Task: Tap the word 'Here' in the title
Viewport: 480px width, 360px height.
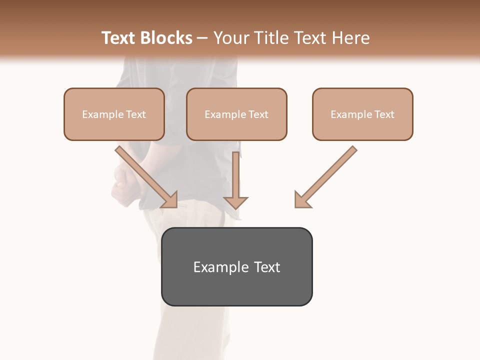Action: point(350,38)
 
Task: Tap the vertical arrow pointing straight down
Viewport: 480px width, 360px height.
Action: point(235,180)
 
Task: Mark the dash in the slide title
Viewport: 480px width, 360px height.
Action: point(202,38)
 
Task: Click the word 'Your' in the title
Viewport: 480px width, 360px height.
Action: point(231,38)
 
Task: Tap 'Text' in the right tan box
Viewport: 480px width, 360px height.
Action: point(384,114)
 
